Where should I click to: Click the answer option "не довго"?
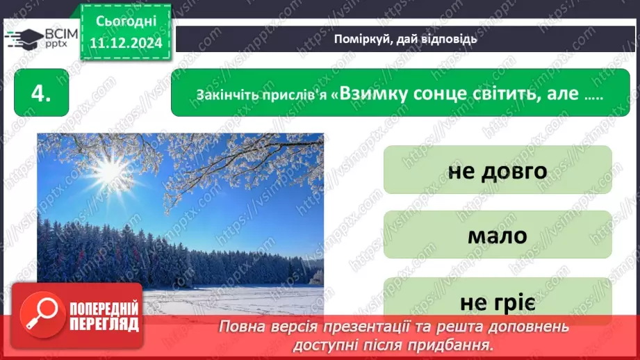click(x=498, y=170)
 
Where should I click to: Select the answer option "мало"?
click(x=498, y=235)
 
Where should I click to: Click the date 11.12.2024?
click(x=126, y=42)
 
